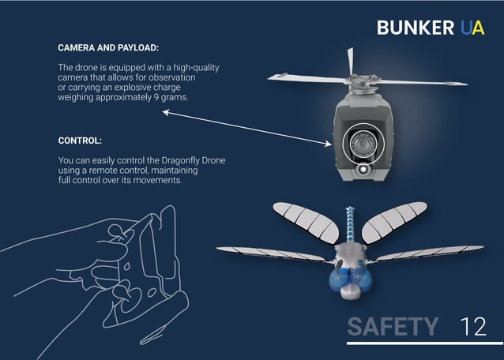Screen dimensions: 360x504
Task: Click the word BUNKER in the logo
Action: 416,27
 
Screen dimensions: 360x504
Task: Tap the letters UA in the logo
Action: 472,27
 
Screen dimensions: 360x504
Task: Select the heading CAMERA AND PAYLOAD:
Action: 108,48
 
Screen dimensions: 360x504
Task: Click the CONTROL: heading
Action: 80,141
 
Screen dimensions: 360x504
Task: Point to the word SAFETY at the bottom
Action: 393,326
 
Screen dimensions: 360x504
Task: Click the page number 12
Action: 473,326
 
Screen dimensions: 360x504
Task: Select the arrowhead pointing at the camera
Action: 327,143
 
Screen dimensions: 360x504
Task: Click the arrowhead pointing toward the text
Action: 167,113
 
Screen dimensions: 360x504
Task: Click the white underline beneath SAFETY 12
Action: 424,343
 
